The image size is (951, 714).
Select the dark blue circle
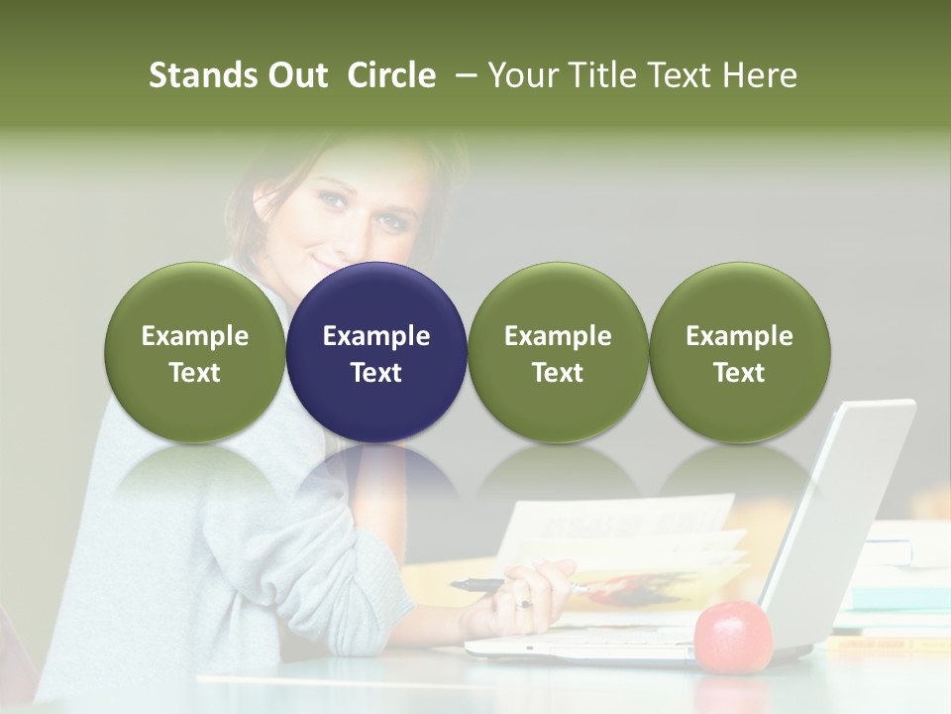click(x=376, y=352)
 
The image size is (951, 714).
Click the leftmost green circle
click(x=195, y=352)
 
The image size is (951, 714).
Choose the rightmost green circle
click(x=740, y=352)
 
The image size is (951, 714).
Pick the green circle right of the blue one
click(x=558, y=352)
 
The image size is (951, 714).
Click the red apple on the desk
click(x=733, y=636)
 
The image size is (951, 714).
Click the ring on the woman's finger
click(x=524, y=602)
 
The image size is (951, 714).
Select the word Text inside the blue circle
click(x=376, y=373)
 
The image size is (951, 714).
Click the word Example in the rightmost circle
click(x=740, y=336)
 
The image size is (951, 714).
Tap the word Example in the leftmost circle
click(x=195, y=336)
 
